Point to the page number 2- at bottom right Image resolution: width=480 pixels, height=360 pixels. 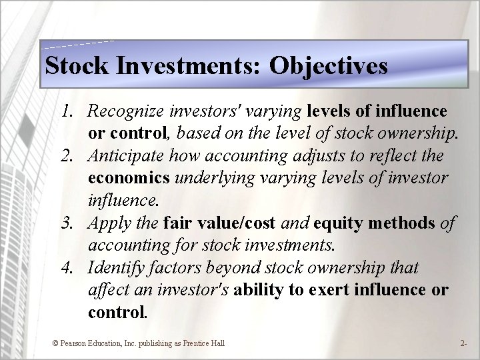(x=463, y=343)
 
